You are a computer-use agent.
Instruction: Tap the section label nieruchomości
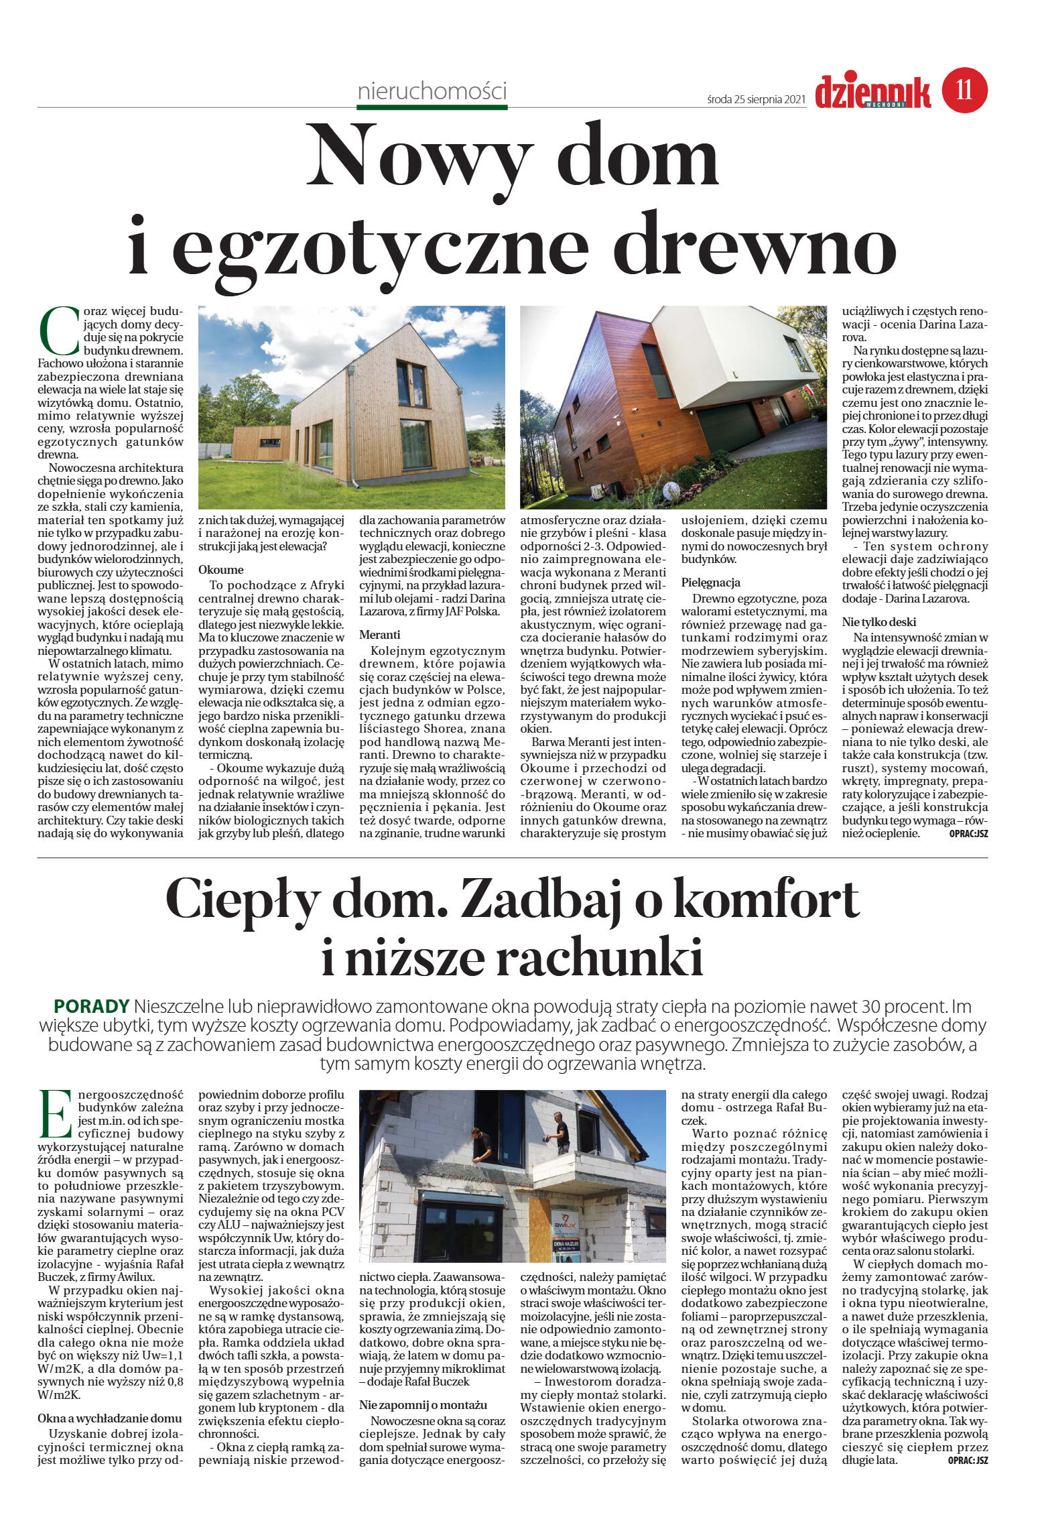(x=432, y=91)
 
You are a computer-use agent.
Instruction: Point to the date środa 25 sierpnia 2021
(x=755, y=99)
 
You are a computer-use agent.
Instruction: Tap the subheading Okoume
(x=221, y=569)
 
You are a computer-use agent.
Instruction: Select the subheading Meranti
(x=379, y=633)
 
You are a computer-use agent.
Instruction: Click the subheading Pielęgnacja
(x=710, y=582)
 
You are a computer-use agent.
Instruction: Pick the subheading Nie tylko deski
(x=878, y=621)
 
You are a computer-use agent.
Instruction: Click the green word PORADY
(x=91, y=1006)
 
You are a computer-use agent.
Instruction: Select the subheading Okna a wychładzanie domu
(x=109, y=1418)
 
